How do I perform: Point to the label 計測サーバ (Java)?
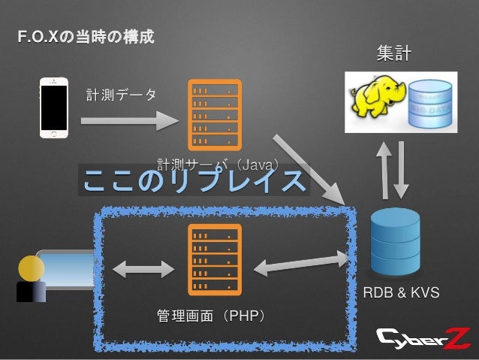pyautogui.click(x=217, y=163)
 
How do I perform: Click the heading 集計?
pyautogui.click(x=393, y=53)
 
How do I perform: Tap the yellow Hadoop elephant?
pyautogui.click(x=373, y=102)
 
